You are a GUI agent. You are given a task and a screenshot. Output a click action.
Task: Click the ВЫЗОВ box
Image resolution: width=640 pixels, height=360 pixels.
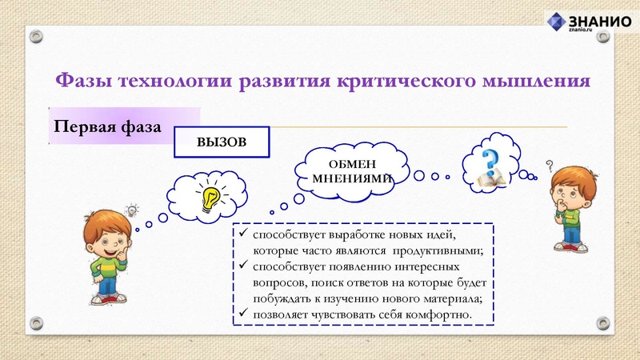[222, 143]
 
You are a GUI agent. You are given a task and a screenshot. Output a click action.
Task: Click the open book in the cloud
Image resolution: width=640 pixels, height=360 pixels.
[489, 178]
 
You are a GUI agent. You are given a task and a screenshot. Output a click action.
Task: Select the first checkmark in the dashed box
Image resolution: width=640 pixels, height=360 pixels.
[242, 234]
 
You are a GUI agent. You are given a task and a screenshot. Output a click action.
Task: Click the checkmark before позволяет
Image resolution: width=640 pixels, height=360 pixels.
[242, 314]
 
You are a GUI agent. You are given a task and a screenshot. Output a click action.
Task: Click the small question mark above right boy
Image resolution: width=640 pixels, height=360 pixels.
[550, 166]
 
